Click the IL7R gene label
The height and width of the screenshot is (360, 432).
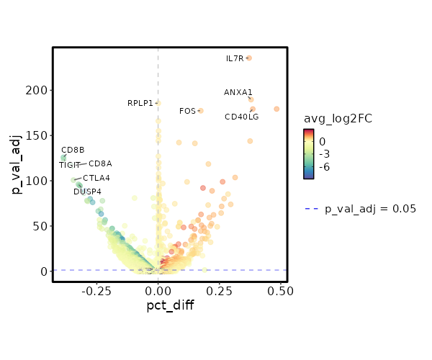click(235, 59)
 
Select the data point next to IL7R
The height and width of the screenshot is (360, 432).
click(249, 58)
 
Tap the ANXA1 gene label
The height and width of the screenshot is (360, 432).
click(238, 92)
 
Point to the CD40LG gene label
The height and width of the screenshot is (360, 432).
click(241, 117)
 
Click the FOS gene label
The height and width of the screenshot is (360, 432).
click(187, 111)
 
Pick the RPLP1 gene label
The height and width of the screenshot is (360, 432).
click(140, 103)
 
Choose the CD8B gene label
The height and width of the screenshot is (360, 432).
click(73, 150)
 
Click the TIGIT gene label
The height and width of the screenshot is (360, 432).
click(71, 166)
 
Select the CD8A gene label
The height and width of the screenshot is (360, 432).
click(100, 163)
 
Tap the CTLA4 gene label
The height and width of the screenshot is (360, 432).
click(96, 178)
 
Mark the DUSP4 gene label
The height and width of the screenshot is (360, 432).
click(87, 192)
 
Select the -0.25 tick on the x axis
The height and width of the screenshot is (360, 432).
click(97, 291)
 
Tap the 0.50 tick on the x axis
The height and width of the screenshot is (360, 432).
click(279, 291)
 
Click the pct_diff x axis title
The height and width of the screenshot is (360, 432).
click(170, 306)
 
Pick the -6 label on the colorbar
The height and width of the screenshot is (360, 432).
click(325, 166)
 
